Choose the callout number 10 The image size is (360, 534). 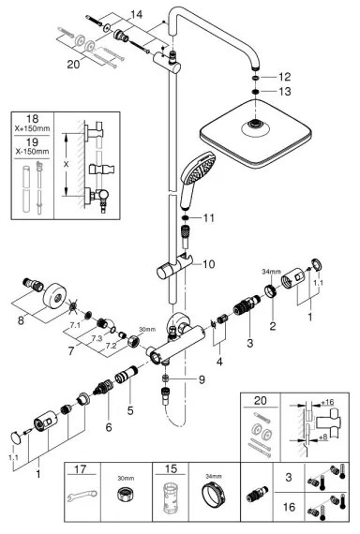[x=208, y=264]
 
